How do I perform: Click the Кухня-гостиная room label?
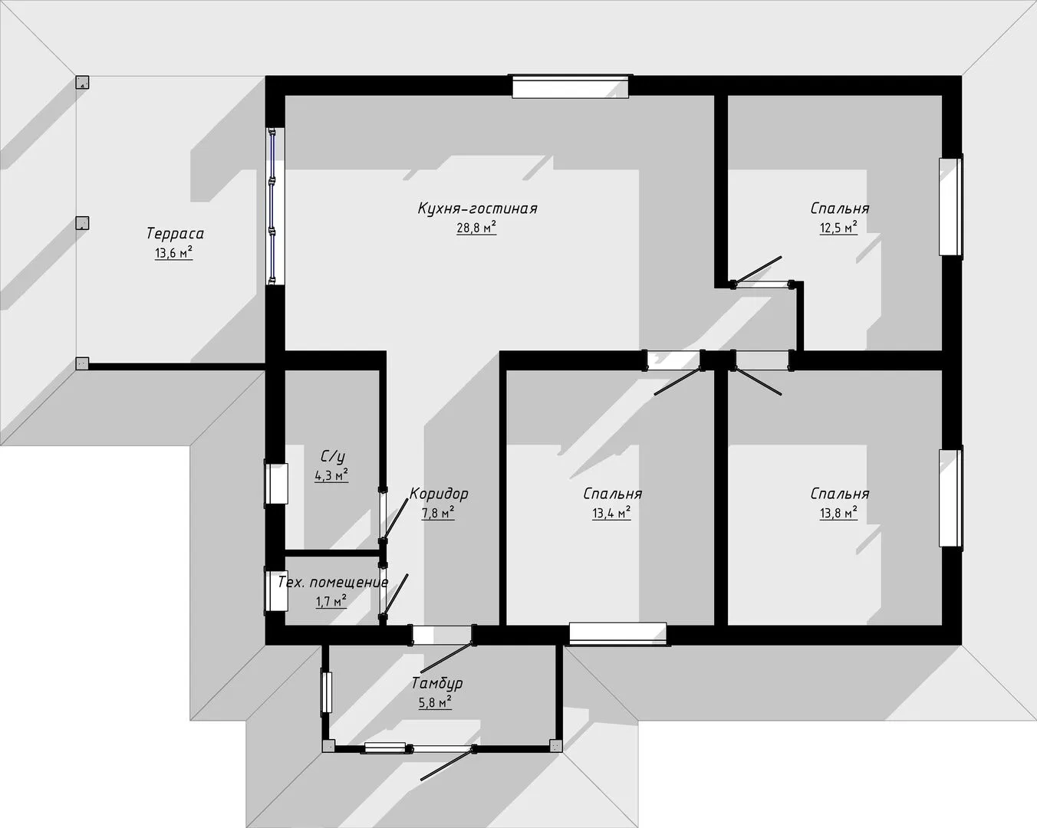point(477,209)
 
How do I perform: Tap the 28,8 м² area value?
point(476,228)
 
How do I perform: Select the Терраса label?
point(175,234)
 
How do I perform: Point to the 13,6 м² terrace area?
point(173,252)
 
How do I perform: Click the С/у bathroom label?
point(332,456)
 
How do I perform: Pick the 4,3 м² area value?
point(331,475)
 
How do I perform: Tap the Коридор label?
point(439,494)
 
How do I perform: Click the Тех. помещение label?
point(333,582)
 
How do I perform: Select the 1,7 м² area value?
point(331,601)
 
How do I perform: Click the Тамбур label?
point(437,683)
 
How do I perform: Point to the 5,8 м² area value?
point(435,702)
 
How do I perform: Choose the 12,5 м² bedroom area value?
point(838,228)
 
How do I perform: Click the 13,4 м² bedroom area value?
point(611,513)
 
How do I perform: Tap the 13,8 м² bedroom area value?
point(838,513)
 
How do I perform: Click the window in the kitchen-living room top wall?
point(571,87)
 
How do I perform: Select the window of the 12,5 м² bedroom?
point(950,207)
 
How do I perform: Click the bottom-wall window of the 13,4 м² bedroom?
point(618,633)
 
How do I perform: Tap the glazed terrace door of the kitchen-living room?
point(275,206)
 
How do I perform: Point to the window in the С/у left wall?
point(276,483)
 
